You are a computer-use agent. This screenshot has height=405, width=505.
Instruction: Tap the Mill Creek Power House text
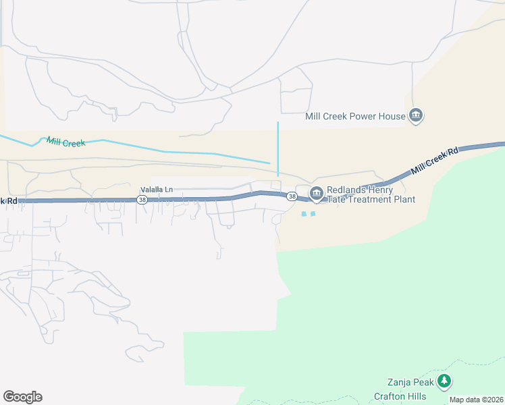(355, 116)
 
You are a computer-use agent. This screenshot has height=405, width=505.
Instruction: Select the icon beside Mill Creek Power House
(416, 116)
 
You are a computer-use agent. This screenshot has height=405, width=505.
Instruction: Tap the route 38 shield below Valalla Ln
(142, 200)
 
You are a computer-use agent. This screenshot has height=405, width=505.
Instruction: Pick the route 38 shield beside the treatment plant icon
(291, 196)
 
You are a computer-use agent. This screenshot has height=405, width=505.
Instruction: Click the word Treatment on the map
(370, 200)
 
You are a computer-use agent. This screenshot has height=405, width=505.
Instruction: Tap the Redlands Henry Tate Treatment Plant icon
(316, 194)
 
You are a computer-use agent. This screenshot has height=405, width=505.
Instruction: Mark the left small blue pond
(304, 214)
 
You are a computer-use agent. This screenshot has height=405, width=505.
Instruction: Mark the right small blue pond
(313, 214)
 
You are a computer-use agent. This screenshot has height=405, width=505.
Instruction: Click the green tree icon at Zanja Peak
(444, 381)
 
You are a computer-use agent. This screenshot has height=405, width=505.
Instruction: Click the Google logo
(22, 397)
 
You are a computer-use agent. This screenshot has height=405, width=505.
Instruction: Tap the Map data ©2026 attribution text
(477, 400)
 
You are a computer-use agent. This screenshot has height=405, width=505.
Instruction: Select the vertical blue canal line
(278, 148)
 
